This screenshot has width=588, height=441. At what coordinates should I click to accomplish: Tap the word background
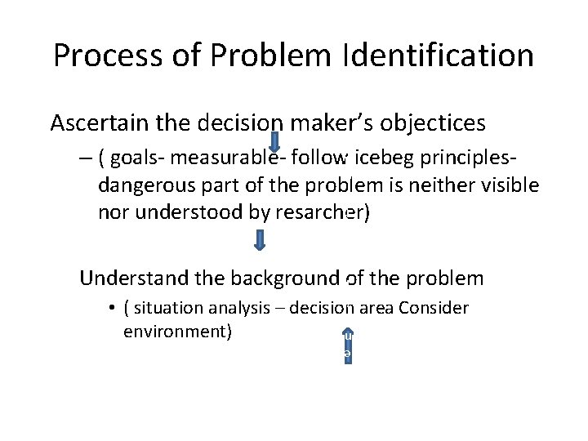point(285,278)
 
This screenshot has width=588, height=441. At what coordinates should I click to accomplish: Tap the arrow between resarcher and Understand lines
point(260,239)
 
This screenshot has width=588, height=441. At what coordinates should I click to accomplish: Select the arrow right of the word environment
point(347,344)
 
